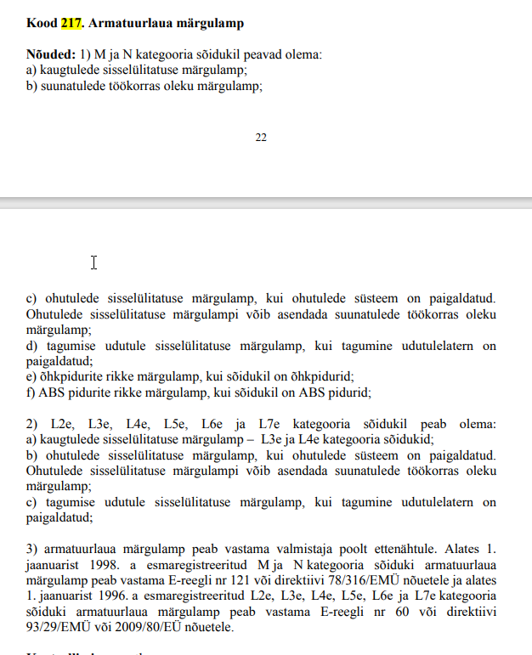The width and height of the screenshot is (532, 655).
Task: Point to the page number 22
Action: tap(261, 137)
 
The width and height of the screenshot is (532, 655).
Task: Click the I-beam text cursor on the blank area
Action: tap(93, 263)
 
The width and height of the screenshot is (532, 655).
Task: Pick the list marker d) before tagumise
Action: tap(32, 346)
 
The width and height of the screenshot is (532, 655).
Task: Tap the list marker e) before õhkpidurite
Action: tap(31, 376)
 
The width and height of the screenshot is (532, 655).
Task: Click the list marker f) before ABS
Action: tap(31, 392)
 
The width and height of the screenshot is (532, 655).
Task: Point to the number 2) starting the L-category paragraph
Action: tap(32, 424)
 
